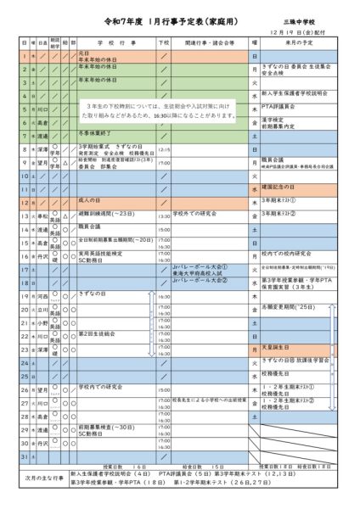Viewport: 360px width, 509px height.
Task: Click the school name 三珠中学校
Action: coord(318,17)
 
